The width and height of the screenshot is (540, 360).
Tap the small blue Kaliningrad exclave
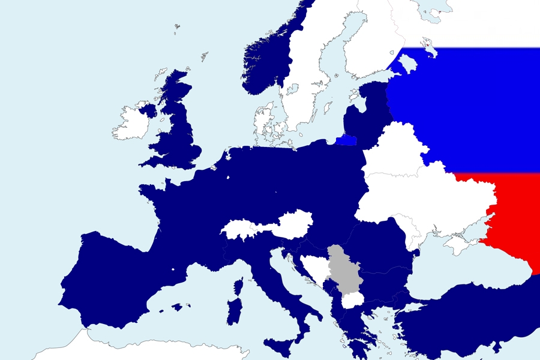[x=347, y=140]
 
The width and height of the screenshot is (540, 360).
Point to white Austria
[x=288, y=223]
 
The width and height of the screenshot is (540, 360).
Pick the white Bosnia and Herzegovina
[x=315, y=268]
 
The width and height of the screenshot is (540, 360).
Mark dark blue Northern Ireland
[x=148, y=110]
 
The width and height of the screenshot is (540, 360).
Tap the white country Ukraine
[x=426, y=201]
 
